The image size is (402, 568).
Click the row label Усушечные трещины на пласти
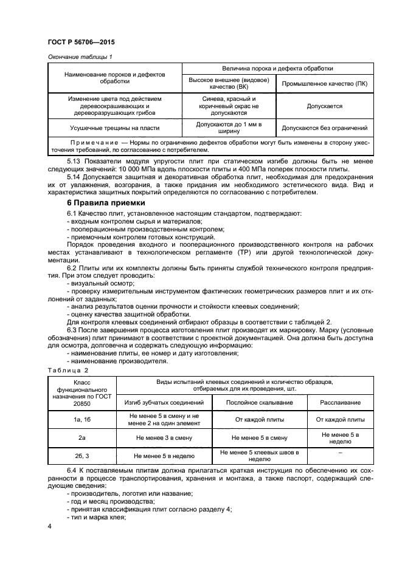pyautogui.click(x=114, y=128)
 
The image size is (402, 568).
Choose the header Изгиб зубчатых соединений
pyautogui.click(x=164, y=402)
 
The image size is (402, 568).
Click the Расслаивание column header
pyautogui.click(x=341, y=402)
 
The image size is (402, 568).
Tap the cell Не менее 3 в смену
pyautogui.click(x=164, y=437)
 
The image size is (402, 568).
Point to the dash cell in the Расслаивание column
pyautogui.click(x=341, y=453)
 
